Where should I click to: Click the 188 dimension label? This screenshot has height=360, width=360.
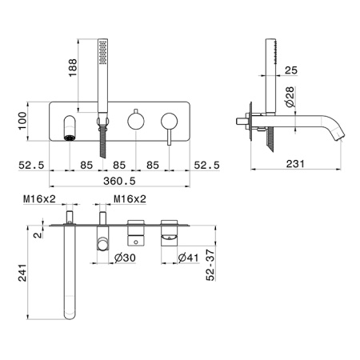[73, 68]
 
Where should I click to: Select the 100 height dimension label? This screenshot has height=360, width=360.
[22, 121]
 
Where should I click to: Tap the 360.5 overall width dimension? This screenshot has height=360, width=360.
[119, 181]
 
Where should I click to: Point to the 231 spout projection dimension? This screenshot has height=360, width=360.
[295, 164]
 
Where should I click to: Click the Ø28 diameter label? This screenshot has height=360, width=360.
[290, 97]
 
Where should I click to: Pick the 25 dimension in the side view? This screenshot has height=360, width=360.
[291, 70]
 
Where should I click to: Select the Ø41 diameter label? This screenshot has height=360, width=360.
[189, 258]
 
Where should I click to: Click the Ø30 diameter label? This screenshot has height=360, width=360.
[125, 258]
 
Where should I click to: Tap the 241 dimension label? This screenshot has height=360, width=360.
[22, 273]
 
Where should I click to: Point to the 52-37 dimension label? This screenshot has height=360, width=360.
[210, 265]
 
